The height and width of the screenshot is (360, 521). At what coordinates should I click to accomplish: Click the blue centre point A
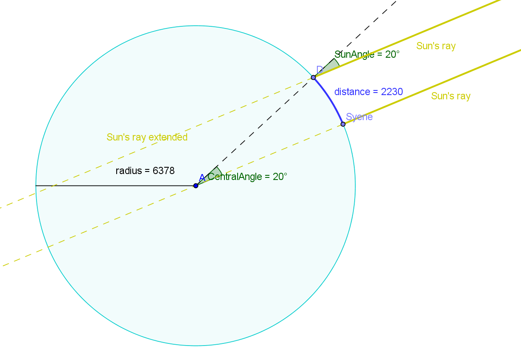point(196,186)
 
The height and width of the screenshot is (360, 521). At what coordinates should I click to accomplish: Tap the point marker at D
point(314,77)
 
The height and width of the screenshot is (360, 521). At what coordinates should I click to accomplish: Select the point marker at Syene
point(343,124)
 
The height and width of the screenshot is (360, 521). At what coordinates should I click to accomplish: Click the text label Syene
point(359,117)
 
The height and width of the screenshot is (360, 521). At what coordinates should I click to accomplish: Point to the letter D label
point(319,70)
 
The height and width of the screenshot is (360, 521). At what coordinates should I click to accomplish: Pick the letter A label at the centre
point(202,178)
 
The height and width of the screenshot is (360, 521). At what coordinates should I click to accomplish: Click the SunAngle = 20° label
point(367,54)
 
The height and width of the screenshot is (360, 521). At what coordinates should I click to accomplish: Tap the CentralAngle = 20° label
point(247,177)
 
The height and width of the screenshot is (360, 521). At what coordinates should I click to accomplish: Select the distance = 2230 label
point(368,92)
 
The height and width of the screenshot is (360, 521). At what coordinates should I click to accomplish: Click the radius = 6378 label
point(145,171)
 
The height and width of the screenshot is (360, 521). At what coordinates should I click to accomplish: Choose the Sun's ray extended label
point(147,137)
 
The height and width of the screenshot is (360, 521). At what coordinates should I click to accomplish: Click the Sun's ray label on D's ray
point(436,46)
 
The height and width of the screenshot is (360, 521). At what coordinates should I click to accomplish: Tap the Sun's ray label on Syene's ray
point(451,96)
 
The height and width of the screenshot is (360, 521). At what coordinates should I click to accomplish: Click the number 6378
point(163,171)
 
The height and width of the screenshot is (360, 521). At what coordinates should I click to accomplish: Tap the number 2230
point(392,92)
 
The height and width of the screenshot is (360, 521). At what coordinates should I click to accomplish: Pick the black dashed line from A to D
point(255,132)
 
